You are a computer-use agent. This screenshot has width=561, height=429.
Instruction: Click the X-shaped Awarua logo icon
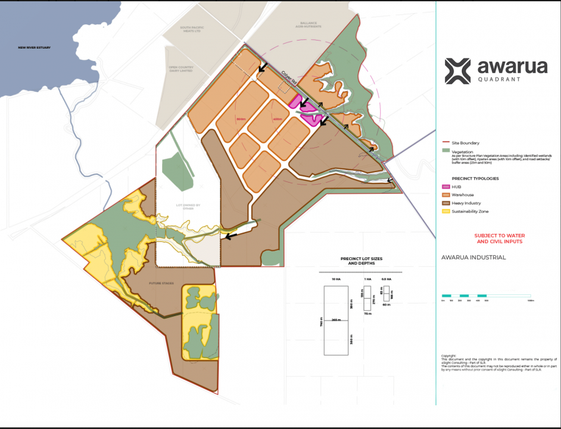458,72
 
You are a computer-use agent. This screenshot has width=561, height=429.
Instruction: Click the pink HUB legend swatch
446,186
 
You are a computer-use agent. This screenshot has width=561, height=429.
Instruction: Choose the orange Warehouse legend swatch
446,195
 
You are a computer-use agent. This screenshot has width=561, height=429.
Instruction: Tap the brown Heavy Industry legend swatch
446,203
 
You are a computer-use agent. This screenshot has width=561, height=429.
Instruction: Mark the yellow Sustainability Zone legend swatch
446,211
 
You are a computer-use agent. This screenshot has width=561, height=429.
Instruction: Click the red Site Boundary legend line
446,143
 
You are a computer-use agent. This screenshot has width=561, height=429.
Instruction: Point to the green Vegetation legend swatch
446,152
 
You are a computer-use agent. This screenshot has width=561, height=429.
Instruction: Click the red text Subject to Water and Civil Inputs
499,238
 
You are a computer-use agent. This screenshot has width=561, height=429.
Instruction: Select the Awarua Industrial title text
473,257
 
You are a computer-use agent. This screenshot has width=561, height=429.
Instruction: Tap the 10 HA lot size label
336,279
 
